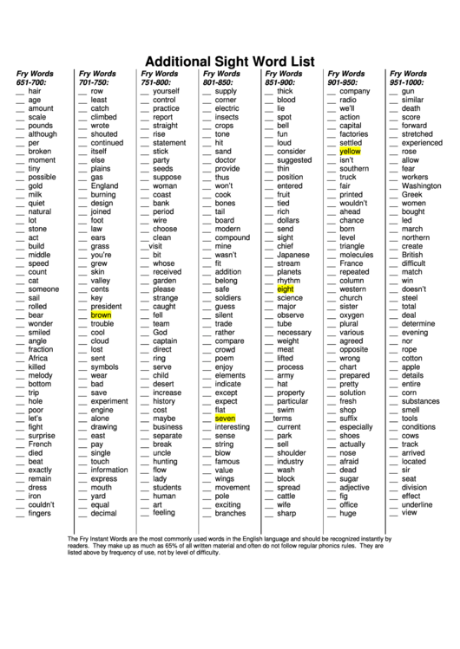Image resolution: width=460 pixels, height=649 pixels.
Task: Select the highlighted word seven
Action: click(226, 418)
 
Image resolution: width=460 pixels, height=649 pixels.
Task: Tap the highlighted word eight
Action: click(286, 289)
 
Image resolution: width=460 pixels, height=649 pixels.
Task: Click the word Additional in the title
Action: click(180, 62)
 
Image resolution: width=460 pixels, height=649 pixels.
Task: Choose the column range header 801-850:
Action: click(220, 81)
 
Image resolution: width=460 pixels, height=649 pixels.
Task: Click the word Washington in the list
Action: click(421, 185)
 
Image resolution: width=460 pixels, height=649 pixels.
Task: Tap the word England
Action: click(104, 185)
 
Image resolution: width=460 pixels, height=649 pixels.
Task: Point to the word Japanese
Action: click(293, 255)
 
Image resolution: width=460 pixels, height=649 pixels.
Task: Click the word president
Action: click(106, 306)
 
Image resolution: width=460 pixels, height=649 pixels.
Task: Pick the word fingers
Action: click(40, 513)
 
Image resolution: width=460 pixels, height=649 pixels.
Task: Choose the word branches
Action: click(231, 513)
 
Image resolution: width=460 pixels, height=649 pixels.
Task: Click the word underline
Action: click(417, 503)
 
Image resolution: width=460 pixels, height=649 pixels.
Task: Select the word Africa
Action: click(38, 357)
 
